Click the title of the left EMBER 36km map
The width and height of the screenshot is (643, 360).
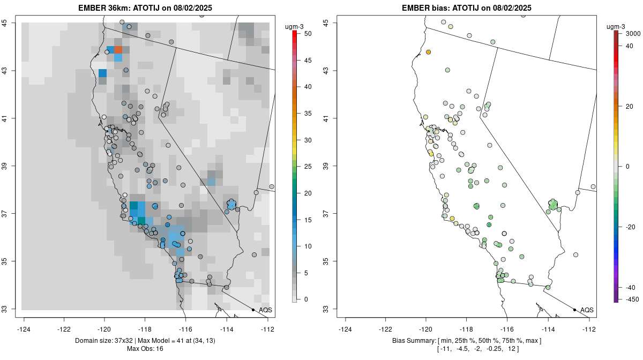click(149, 7)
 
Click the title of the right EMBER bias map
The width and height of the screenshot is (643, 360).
click(466, 7)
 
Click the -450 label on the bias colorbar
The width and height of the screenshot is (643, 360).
click(632, 299)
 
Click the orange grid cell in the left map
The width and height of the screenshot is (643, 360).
click(118, 49)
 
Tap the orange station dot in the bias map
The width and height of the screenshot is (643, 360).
click(429, 52)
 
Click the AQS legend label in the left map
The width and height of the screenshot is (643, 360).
click(265, 310)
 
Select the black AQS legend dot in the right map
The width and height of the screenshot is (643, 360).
click(574, 310)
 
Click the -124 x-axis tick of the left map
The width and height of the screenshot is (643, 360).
click(24, 329)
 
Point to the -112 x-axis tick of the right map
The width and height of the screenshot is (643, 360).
click(589, 329)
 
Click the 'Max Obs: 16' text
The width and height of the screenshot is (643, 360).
click(145, 349)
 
